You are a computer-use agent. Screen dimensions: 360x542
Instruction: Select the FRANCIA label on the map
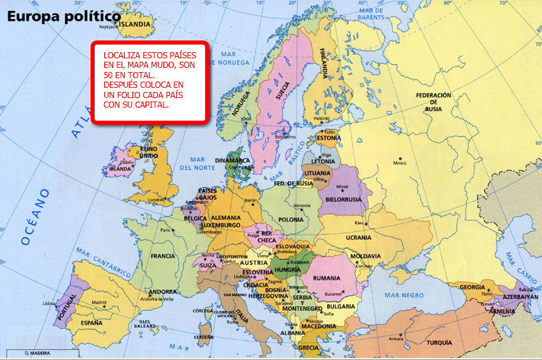[x=163, y=256]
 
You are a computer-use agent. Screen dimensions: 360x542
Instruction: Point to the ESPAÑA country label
[x=95, y=322]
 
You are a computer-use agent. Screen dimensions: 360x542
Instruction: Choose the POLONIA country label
[x=291, y=219]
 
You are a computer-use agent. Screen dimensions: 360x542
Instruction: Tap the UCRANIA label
[x=358, y=237]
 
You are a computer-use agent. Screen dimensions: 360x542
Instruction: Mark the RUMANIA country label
[x=327, y=278]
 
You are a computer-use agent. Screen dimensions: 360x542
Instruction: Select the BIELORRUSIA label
[x=343, y=199]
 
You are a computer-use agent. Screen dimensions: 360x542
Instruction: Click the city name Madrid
[x=99, y=302]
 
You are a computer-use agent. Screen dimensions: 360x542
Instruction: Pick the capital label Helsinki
[x=322, y=118]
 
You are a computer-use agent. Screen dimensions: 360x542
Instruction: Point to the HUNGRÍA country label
[x=288, y=269]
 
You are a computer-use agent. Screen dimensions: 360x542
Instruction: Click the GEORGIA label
[x=472, y=287]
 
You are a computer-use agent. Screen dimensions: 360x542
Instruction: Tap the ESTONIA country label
[x=328, y=138]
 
